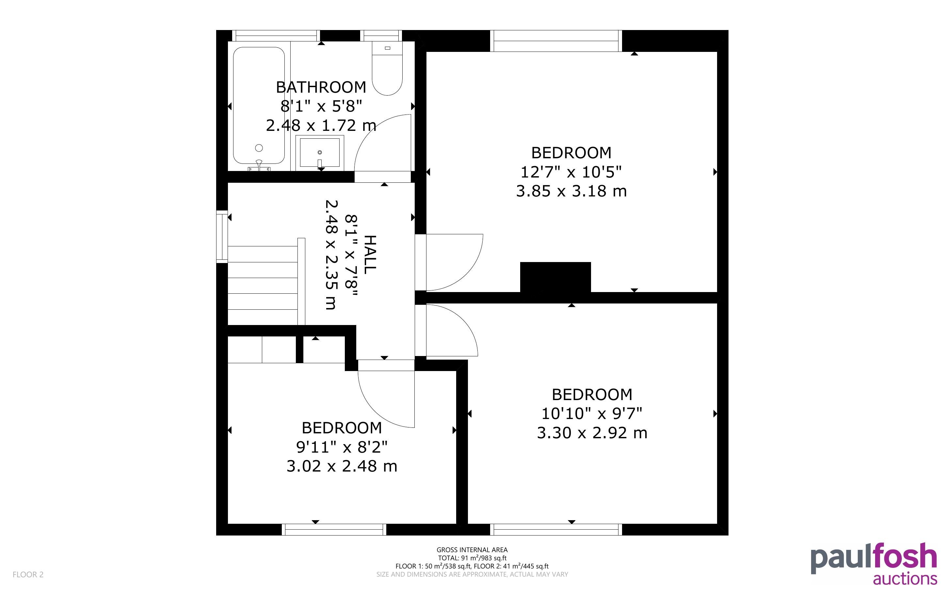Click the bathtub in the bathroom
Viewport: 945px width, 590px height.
259,105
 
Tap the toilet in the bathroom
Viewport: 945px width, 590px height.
387,69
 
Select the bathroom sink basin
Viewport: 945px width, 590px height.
320,153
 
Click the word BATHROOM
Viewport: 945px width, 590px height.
321,87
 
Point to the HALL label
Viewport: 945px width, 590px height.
370,255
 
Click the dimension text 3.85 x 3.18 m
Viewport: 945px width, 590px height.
571,191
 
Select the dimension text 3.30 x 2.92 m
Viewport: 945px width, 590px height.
592,433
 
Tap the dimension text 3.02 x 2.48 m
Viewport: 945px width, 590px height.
342,466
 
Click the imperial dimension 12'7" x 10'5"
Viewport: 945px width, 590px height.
571,172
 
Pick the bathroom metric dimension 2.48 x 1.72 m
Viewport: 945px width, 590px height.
321,125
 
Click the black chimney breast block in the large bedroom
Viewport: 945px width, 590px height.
555,277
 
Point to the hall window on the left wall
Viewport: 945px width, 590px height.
222,237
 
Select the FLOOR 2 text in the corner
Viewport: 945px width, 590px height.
28,575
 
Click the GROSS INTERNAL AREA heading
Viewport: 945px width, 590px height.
472,550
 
